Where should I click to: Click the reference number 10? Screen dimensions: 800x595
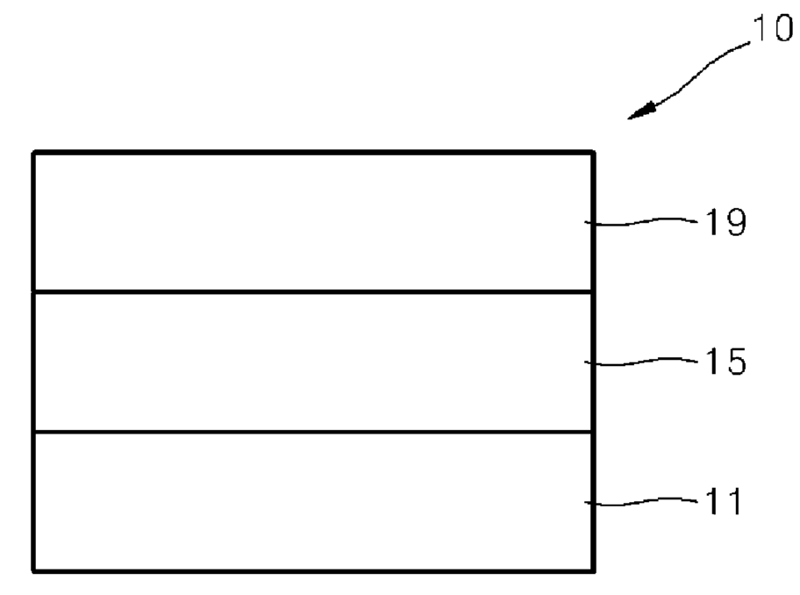(x=773, y=27)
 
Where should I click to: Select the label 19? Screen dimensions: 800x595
(x=725, y=222)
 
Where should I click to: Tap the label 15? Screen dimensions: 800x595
(x=725, y=362)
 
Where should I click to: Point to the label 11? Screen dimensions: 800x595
(x=723, y=501)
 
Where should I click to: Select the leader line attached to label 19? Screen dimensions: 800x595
(x=641, y=222)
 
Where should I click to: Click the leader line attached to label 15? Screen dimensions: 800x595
(x=641, y=362)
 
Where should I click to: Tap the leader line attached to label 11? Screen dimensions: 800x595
(x=641, y=502)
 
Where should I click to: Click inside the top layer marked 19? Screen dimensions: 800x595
(x=313, y=222)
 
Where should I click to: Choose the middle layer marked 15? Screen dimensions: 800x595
(x=313, y=362)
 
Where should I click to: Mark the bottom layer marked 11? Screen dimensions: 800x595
(x=313, y=502)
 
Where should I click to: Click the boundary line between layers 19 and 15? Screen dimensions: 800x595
(x=313, y=292)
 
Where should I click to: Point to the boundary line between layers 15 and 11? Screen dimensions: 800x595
(x=313, y=433)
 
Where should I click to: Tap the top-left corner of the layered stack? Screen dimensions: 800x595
(x=33, y=153)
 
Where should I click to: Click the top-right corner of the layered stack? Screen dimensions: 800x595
(x=593, y=153)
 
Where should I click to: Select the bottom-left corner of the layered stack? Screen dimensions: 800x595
(x=33, y=571)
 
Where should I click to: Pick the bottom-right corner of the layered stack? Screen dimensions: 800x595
(x=593, y=571)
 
